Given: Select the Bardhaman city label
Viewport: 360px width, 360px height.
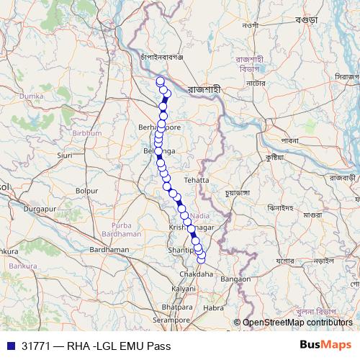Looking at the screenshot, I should [x=108, y=249].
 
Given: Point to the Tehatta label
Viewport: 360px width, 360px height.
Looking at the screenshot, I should [x=196, y=179].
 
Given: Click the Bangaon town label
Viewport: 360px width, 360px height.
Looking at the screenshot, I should [x=235, y=278].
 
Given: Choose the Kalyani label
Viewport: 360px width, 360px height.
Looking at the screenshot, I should [x=183, y=288].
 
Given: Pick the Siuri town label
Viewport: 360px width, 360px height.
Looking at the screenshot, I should [x=65, y=155].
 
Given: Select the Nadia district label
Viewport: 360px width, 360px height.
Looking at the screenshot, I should [x=200, y=215].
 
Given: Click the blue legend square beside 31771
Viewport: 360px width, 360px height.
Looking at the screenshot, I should [x=11, y=346].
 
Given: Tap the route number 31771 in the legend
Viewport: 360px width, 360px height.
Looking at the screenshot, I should [x=35, y=346].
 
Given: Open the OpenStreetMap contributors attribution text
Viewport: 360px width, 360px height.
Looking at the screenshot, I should [x=297, y=323].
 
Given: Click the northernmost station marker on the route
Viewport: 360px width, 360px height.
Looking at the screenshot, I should [x=160, y=80].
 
